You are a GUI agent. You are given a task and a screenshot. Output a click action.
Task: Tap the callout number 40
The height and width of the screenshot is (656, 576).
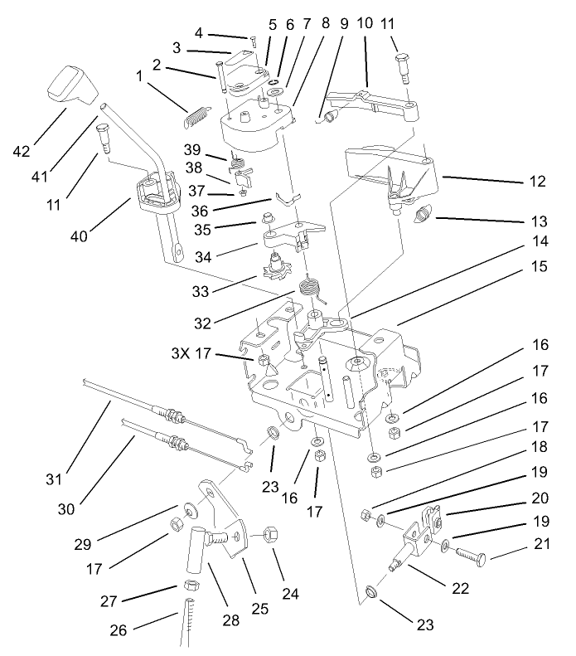102,237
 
